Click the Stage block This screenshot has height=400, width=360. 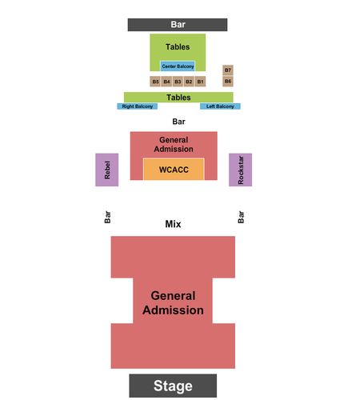[173, 386]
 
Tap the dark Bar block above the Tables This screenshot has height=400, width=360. [178, 25]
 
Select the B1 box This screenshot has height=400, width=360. [200, 82]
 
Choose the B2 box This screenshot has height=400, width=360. [189, 82]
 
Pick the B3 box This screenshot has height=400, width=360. [178, 82]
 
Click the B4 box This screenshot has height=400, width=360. [166, 82]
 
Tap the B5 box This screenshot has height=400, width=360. [155, 82]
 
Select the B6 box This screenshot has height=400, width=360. [228, 81]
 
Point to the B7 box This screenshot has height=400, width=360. [228, 70]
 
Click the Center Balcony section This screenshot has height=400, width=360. [178, 66]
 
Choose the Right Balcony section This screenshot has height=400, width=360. [138, 106]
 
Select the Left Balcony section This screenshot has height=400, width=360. [220, 106]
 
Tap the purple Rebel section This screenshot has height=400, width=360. [107, 170]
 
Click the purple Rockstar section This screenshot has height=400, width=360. [240, 170]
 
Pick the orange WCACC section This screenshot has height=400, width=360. [174, 170]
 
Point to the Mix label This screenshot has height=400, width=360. [173, 224]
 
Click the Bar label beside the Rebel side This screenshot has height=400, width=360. [107, 217]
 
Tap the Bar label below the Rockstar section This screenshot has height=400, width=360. [241, 217]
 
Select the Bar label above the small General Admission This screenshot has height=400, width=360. [178, 122]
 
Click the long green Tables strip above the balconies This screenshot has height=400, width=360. [178, 98]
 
